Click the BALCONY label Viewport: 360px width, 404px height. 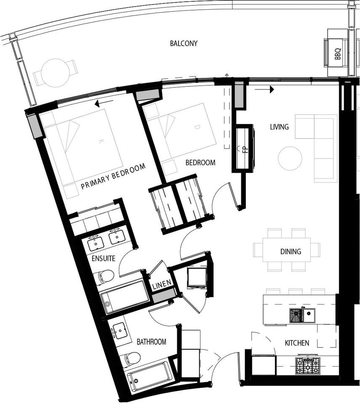[184, 43]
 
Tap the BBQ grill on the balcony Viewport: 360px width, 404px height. [337, 53]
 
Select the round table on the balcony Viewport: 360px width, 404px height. [55, 72]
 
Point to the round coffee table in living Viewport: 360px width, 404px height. [290, 159]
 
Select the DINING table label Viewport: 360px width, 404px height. [291, 252]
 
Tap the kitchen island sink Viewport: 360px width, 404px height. [302, 315]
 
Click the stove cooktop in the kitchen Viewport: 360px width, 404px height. [308, 366]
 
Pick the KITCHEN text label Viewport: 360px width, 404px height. [297, 343]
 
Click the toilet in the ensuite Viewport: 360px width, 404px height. [104, 276]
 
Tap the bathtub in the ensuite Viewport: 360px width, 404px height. [125, 296]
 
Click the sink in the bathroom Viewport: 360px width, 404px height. [120, 331]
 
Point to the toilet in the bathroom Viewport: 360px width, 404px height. [131, 359]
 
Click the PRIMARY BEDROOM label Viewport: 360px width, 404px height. [113, 176]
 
